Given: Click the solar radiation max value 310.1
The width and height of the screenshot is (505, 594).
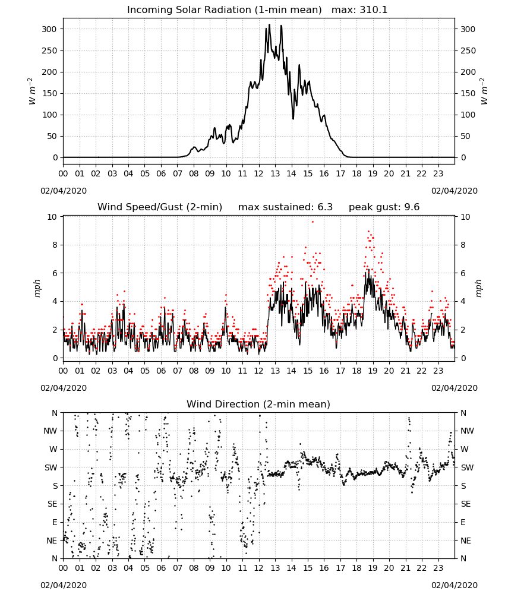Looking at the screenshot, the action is pos(374,10).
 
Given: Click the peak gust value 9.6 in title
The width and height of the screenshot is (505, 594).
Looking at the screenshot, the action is pos(412,207).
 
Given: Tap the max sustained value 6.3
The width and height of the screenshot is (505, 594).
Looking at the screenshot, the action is pos(325,207).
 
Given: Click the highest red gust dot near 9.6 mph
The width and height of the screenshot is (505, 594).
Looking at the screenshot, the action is pos(313,222).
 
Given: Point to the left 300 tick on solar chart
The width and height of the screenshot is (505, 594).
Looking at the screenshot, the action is pos(50,29).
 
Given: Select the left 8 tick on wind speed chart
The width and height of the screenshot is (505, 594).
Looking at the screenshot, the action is pos(55,245).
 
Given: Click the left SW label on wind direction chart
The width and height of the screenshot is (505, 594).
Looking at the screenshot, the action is pos(51,467).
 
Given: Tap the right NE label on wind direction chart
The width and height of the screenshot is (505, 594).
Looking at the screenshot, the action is pos(466,541).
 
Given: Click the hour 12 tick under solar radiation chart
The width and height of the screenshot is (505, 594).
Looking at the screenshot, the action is pos(259,173).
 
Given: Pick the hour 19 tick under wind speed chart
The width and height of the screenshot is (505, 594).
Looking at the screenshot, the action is pos(373,371).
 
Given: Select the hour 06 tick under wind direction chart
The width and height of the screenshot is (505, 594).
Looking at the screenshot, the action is pos(161,568).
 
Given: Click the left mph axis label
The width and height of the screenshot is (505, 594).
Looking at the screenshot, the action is pos(37,288).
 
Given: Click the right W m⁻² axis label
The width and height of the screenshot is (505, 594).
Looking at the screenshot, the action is pos(484,91).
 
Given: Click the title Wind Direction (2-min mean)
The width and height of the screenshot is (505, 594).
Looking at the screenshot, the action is pos(258,404).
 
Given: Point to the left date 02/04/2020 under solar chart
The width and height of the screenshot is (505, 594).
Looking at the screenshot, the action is pos(64,191).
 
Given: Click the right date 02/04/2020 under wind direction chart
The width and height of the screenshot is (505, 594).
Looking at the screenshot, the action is pos(454,585).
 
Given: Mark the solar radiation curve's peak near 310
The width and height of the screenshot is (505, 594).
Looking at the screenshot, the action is pos(269,24).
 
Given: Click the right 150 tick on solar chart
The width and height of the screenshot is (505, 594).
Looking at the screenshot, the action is pos(468,93).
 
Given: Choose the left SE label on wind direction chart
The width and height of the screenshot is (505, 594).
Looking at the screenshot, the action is pos(52,504).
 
